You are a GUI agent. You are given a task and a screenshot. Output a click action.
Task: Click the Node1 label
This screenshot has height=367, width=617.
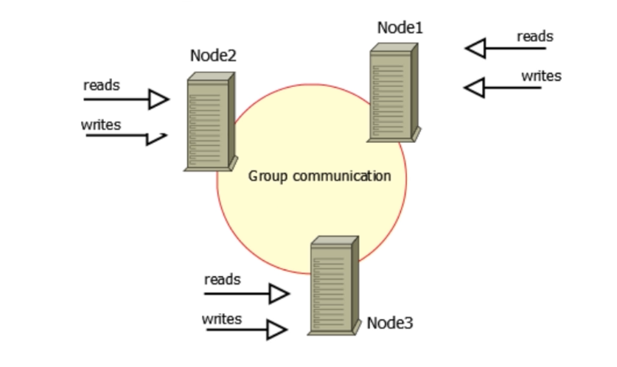click(400, 28)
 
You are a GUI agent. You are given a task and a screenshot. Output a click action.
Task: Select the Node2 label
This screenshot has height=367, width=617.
click(214, 55)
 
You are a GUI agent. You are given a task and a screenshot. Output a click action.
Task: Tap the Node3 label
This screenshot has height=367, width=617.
click(390, 323)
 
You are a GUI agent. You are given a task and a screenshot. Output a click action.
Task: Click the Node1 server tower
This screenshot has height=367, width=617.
click(393, 92)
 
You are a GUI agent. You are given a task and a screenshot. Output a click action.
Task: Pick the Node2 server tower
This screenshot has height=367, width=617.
click(209, 122)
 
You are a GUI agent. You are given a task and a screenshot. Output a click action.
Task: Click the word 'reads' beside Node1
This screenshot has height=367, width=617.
click(534, 36)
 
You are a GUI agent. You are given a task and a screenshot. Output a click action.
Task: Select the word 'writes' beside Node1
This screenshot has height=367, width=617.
click(541, 75)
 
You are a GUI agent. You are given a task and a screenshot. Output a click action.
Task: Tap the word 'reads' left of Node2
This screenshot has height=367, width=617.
click(102, 85)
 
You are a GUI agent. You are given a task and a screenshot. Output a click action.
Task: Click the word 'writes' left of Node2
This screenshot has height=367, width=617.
click(101, 124)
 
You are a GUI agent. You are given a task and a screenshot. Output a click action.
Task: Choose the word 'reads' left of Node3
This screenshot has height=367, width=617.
click(222, 280)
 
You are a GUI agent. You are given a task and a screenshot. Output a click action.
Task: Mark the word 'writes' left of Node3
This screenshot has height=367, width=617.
click(221, 318)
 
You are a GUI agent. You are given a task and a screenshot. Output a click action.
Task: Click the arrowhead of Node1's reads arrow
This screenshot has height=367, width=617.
click(475, 49)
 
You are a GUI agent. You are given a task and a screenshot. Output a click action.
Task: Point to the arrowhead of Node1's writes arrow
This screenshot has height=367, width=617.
click(474, 88)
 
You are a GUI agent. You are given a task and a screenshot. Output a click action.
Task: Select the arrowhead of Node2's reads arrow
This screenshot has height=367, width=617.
click(159, 99)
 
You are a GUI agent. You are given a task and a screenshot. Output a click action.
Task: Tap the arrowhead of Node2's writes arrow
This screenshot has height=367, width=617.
click(158, 138)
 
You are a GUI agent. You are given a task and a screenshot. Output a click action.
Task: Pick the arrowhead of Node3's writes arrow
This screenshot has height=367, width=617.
click(277, 329)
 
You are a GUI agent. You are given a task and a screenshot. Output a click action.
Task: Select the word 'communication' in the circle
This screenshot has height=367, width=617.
click(341, 177)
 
